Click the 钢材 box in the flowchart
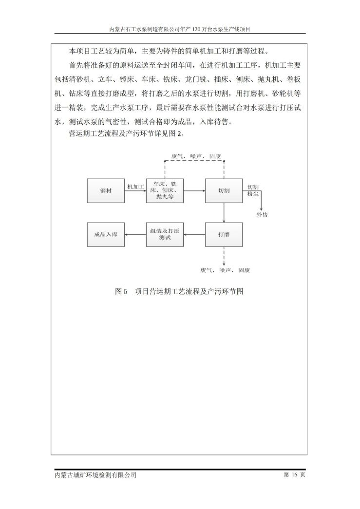pos(106,191)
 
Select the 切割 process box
pos(224,191)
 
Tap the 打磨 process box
pos(224,234)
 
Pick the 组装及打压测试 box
pos(165,234)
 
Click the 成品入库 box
pos(106,234)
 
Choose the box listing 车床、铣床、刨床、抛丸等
pos(165,191)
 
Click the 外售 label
pos(262,215)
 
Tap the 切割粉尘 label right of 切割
pos(253,190)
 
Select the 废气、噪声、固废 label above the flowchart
pos(196,156)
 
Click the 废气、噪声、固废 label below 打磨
pos(225,270)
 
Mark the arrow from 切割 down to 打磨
pos(224,213)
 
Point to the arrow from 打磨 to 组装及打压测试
pos(194,234)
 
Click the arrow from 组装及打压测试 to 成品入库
pos(136,234)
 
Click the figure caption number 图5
pos(121,291)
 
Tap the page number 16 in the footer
pos(294,474)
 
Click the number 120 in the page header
pos(197,29)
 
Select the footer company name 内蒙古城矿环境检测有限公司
pos(95,475)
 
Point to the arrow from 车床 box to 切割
pos(194,191)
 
